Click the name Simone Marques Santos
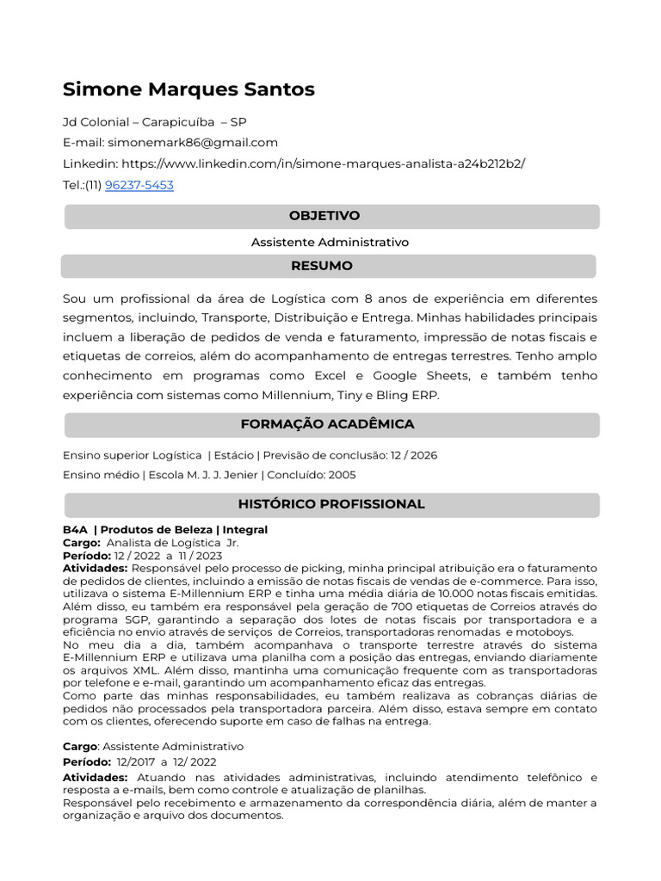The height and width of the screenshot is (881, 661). click(x=188, y=89)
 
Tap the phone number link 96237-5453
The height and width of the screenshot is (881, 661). click(x=139, y=185)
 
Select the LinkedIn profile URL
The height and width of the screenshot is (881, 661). click(x=323, y=163)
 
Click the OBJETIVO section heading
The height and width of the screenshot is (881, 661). click(x=324, y=216)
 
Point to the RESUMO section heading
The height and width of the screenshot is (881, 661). click(x=322, y=266)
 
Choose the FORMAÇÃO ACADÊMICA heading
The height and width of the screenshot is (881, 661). click(x=327, y=424)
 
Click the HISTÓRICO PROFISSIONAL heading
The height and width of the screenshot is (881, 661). click(x=331, y=504)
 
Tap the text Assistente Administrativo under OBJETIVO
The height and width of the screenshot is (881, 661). click(x=330, y=243)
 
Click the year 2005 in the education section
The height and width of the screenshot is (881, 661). click(x=341, y=475)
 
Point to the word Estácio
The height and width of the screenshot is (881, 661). click(x=234, y=455)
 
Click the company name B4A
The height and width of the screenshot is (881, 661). click(x=75, y=530)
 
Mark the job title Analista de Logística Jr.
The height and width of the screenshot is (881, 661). click(x=172, y=543)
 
